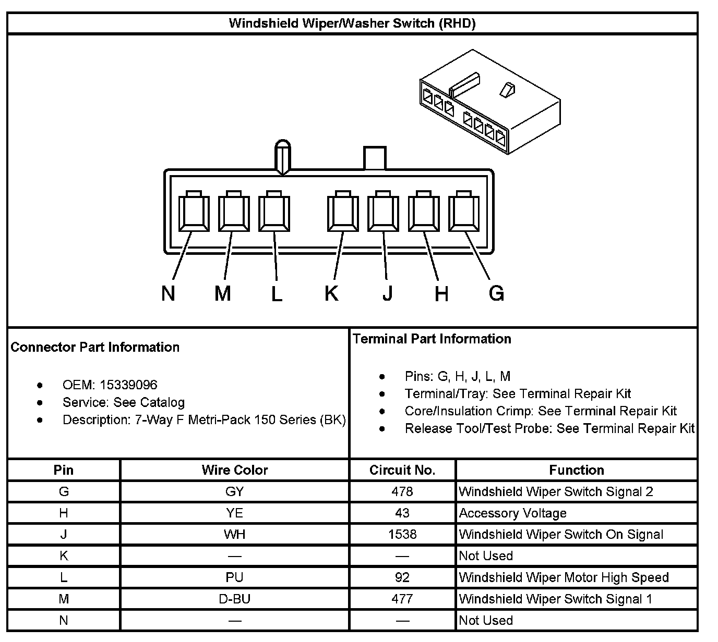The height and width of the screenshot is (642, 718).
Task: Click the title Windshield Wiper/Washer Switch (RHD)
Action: (x=352, y=23)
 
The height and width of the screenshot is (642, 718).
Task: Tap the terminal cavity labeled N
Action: (x=194, y=212)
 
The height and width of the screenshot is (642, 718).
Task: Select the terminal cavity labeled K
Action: (x=343, y=212)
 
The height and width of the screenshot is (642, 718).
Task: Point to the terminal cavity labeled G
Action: (x=464, y=212)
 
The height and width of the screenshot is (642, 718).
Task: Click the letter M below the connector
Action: (x=223, y=293)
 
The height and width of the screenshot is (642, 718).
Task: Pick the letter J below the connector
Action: (x=387, y=293)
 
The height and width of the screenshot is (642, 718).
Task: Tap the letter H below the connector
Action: (x=441, y=294)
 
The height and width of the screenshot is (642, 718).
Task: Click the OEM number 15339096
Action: (x=128, y=385)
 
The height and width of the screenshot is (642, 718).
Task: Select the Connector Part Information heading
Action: (x=95, y=347)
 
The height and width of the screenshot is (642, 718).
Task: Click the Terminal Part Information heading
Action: (x=432, y=339)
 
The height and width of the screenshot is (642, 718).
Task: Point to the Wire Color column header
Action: (x=235, y=470)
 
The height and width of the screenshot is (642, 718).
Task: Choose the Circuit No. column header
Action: (x=402, y=470)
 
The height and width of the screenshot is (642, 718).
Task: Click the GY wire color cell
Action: (x=235, y=491)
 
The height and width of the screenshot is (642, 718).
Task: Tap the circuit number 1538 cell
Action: (x=402, y=534)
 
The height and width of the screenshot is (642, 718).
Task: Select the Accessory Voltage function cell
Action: (x=512, y=513)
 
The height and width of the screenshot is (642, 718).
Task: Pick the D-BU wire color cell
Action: (x=235, y=599)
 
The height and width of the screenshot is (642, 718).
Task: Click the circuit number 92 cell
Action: (x=402, y=577)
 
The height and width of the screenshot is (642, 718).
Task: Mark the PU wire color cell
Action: (x=235, y=577)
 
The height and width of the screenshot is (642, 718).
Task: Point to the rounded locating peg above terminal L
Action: (x=282, y=155)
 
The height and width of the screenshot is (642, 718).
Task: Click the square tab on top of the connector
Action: (x=375, y=157)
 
